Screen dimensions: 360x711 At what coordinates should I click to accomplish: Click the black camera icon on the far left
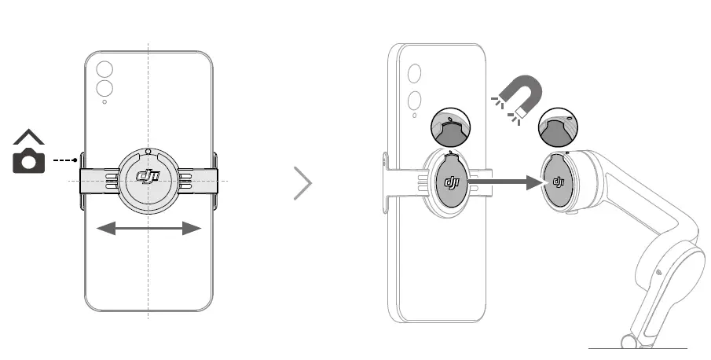[x=29, y=160]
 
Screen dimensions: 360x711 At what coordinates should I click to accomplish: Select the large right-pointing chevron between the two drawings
[x=303, y=184]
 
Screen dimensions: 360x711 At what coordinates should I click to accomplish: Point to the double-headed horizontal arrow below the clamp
[x=148, y=228]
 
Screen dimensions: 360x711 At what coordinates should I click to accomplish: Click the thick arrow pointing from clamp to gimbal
[x=508, y=182]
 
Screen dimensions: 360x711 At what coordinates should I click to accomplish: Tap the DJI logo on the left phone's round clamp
[x=148, y=178]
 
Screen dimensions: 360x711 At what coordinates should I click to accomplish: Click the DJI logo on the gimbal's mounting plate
[x=559, y=182]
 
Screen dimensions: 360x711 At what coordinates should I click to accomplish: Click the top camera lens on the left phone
[x=104, y=68]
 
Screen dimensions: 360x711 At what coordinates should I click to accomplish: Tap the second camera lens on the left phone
[x=104, y=86]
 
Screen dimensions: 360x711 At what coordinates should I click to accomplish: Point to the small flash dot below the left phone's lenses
[x=104, y=101]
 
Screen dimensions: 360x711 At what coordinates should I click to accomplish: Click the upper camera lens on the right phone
[x=414, y=74]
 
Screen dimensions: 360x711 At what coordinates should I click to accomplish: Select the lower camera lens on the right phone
[x=414, y=101]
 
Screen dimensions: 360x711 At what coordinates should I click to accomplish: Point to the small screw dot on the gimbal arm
[x=658, y=272]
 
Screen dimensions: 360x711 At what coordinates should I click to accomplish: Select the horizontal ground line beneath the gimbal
[x=637, y=348]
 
